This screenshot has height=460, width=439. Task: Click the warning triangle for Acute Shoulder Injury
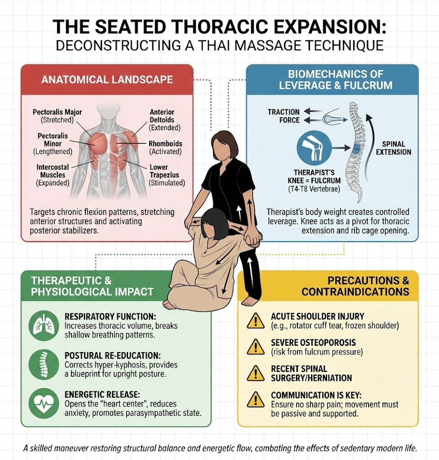pyautogui.click(x=256, y=321)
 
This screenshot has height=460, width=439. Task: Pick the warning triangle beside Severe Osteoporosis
pyautogui.click(x=256, y=347)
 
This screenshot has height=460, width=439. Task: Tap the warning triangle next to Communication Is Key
pyautogui.click(x=256, y=399)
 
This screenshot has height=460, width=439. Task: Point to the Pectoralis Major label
pyautogui.click(x=57, y=116)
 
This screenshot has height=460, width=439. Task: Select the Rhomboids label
pyautogui.click(x=165, y=147)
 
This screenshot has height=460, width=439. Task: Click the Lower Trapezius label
pyautogui.click(x=167, y=175)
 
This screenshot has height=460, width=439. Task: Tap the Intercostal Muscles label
pyautogui.click(x=53, y=175)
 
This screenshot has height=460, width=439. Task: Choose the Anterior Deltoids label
pyautogui.click(x=164, y=119)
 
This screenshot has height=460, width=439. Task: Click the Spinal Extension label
pyautogui.click(x=394, y=148)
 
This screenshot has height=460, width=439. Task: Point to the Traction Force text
pyautogui.click(x=284, y=116)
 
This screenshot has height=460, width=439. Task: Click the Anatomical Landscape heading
pyautogui.click(x=107, y=80)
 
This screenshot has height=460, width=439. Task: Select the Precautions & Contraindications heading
pyautogui.click(x=355, y=286)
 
